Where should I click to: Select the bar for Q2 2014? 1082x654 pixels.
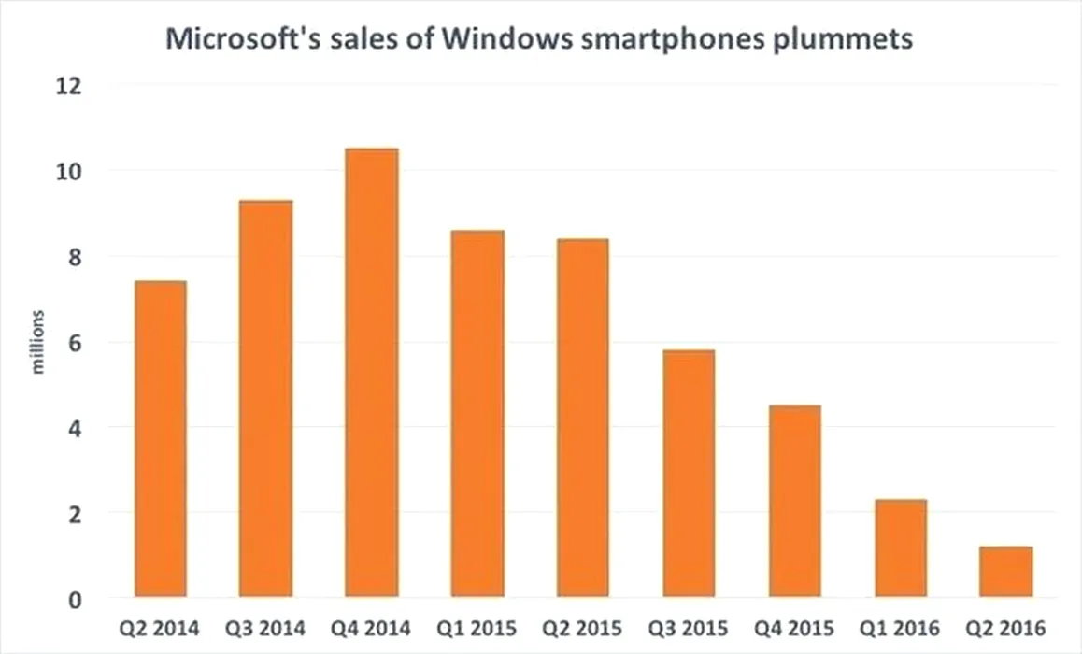point(160,439)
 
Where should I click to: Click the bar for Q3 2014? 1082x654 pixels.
point(265,399)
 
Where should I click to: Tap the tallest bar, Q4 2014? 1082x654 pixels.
point(372,373)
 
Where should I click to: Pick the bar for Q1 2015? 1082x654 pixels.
point(477,414)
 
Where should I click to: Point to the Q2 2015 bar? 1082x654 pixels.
point(583,418)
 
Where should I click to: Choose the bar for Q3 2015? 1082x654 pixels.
point(689,474)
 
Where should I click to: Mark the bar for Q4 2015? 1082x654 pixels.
point(795,501)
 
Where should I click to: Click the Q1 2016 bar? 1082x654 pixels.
point(901,548)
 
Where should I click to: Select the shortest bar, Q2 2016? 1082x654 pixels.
point(1006,572)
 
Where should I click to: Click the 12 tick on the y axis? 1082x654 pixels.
point(71,86)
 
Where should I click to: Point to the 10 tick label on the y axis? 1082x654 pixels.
point(71,172)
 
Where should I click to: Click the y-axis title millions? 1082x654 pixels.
point(38,342)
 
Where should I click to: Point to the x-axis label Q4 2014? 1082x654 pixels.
point(372,628)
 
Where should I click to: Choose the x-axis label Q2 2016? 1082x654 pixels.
point(1006,628)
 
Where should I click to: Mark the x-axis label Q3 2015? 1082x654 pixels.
point(689,628)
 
